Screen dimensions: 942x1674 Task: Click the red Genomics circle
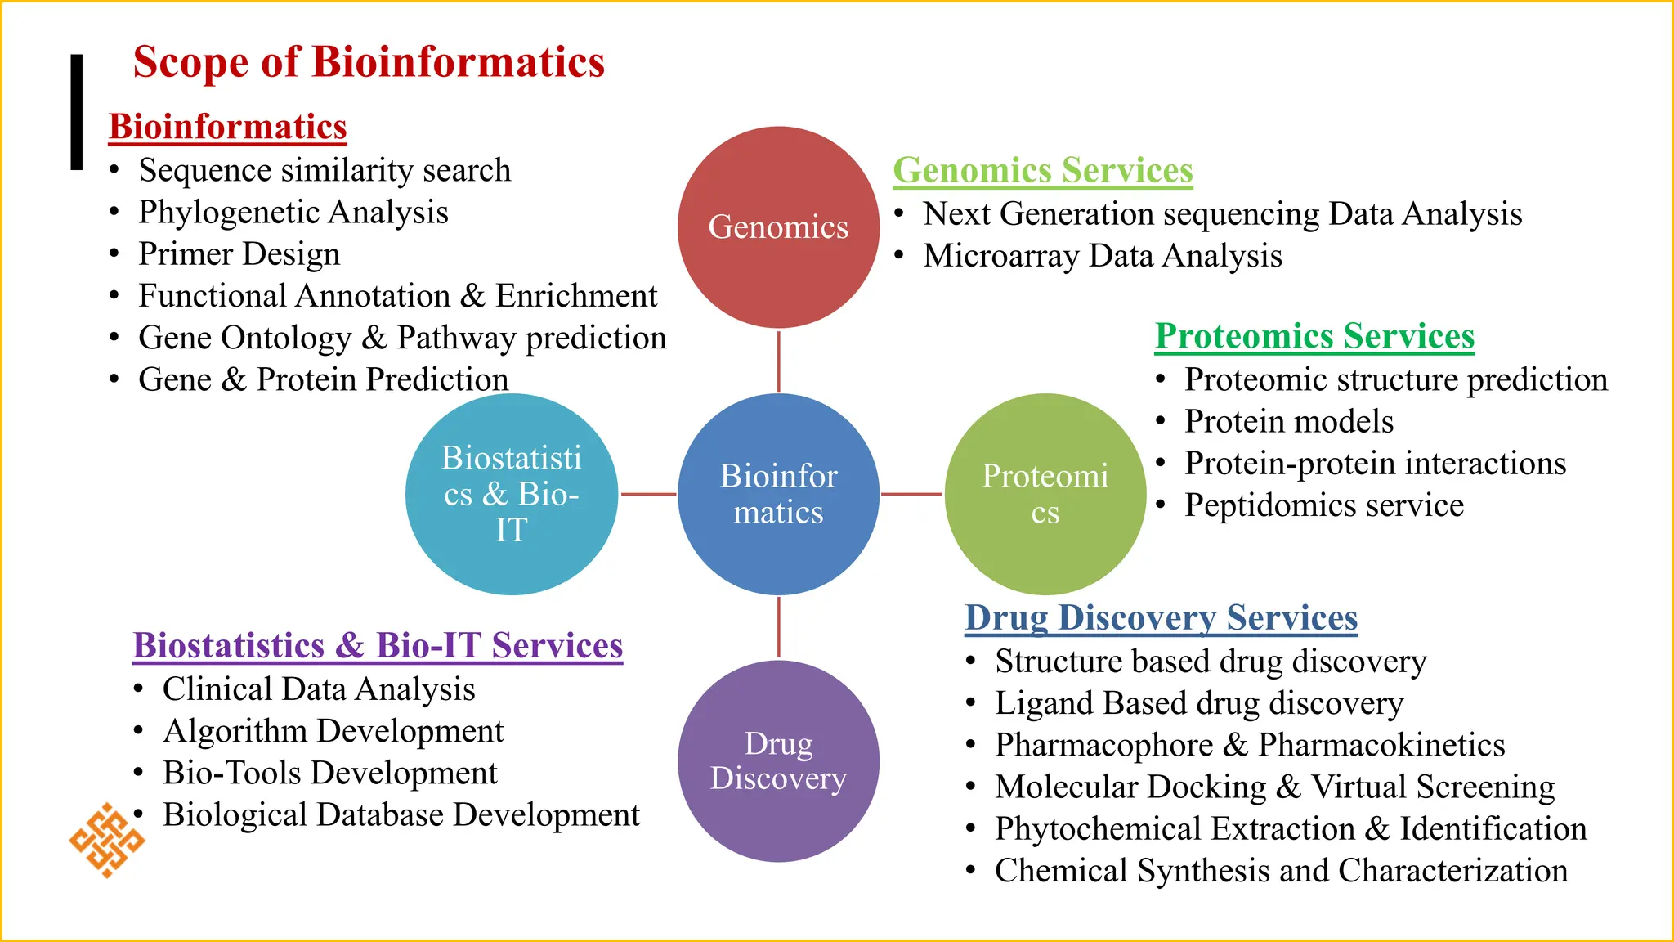pos(778,227)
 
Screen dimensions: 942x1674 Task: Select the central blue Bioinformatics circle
pos(778,494)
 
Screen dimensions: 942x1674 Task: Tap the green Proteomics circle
pos(1045,494)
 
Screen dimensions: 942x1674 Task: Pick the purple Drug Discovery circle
pos(778,760)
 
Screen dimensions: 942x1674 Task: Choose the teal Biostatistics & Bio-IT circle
pos(512,494)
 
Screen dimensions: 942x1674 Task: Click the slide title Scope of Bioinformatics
pos(369,62)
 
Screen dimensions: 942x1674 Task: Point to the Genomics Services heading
pos(1042,170)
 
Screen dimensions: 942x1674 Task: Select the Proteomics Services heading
pos(1314,336)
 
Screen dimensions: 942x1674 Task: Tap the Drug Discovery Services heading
pos(1161,617)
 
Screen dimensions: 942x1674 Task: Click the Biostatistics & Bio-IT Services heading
pos(378,645)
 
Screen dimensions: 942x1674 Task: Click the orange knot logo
pos(106,840)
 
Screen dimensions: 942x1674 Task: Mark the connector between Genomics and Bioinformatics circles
pos(778,361)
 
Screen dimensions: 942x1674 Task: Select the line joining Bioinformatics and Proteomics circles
pos(911,494)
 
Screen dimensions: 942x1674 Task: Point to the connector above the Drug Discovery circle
pos(778,627)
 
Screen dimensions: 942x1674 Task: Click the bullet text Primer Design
pos(239,253)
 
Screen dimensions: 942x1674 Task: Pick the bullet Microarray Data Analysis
pos(1102,256)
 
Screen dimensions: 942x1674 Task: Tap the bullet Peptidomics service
pos(1324,505)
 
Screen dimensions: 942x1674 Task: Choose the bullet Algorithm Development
pos(333,731)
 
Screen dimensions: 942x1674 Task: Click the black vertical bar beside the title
pos(77,112)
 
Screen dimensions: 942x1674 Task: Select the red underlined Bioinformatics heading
pos(227,127)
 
